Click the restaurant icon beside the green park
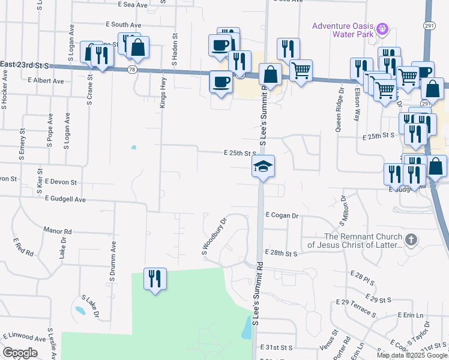tap(155, 279)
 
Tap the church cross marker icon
tap(411, 240)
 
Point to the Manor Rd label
tap(57, 230)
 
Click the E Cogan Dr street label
tap(282, 215)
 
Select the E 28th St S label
tap(282, 254)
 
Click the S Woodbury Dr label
tap(214, 236)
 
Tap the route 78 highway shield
tap(131, 70)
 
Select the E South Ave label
tap(122, 25)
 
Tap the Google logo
tap(20, 353)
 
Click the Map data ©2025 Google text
tap(411, 355)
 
